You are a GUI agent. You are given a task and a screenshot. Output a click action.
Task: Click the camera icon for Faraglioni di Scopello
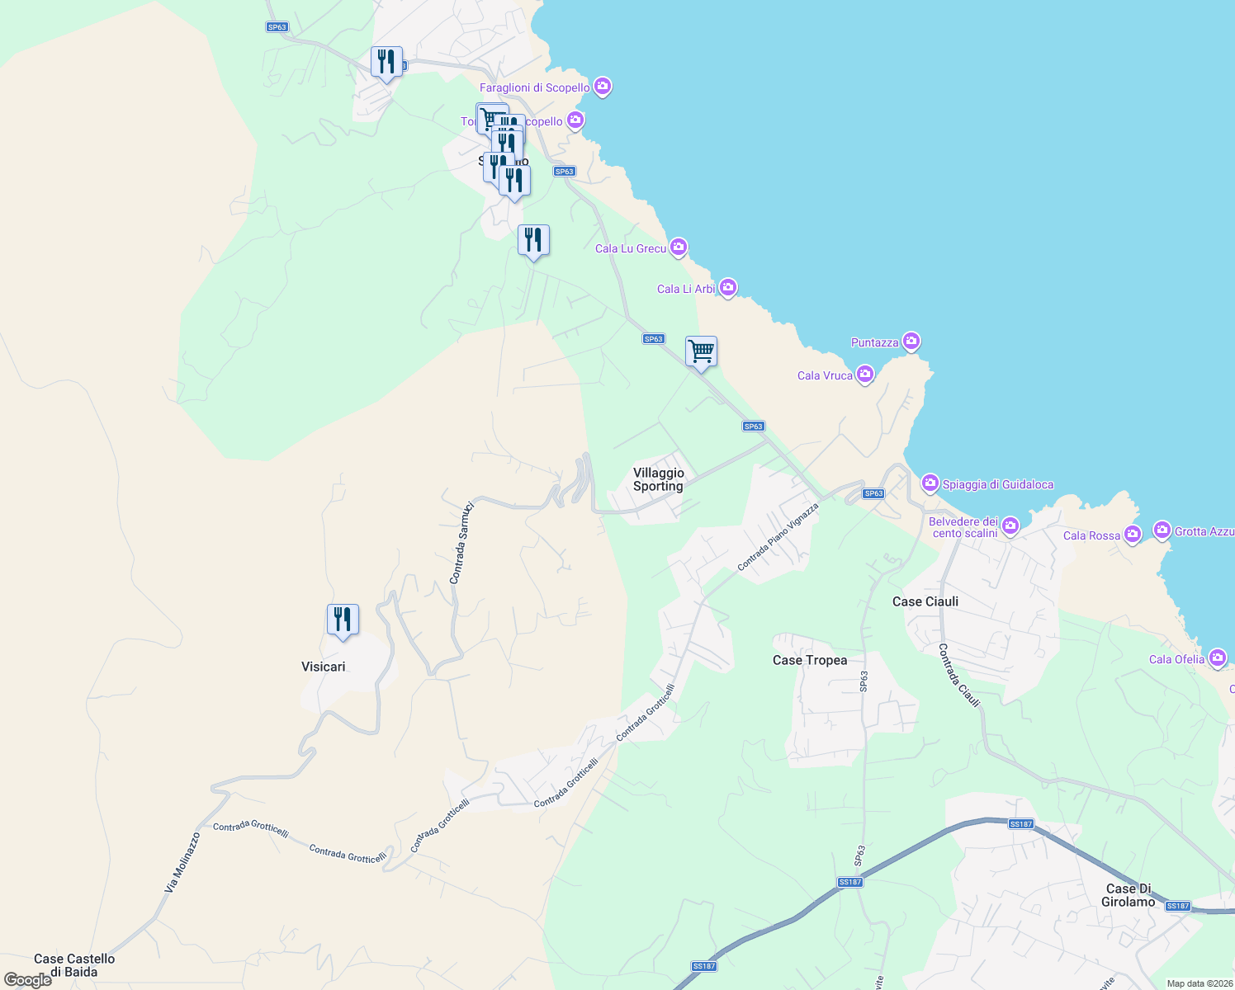coord(603,87)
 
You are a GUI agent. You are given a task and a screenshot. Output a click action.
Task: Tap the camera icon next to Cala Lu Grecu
coord(679,247)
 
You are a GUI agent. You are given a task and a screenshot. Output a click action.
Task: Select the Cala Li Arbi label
coord(686,289)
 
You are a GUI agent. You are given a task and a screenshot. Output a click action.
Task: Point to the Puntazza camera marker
coord(911,342)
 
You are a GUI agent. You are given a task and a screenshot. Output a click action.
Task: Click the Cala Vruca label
coord(825,375)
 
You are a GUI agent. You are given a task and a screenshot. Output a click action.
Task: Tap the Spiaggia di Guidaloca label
coord(998,484)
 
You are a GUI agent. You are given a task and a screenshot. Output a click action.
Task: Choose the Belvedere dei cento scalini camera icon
coord(1010,526)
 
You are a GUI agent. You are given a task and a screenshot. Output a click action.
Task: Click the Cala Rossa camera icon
coord(1133,535)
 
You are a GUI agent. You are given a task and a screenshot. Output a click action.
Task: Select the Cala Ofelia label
coord(1176,659)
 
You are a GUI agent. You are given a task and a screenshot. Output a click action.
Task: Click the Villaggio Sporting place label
coord(658,479)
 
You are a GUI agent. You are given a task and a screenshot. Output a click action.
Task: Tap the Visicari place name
coord(324,667)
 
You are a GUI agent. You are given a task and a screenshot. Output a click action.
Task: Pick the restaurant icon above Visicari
coord(343,620)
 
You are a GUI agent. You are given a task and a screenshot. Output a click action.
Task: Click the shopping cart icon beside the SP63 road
coord(701,351)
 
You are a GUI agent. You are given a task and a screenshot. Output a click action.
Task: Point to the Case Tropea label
coord(810,660)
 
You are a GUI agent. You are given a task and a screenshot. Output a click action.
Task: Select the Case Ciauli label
coord(925,601)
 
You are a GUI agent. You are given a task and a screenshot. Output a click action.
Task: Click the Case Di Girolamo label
coord(1129,895)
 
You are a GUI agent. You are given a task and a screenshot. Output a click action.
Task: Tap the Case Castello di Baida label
coord(74,965)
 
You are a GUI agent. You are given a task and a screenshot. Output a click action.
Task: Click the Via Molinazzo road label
coord(182,863)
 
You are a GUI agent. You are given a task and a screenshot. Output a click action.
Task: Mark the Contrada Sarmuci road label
coord(461,543)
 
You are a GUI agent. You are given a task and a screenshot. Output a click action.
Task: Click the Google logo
coord(28,980)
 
